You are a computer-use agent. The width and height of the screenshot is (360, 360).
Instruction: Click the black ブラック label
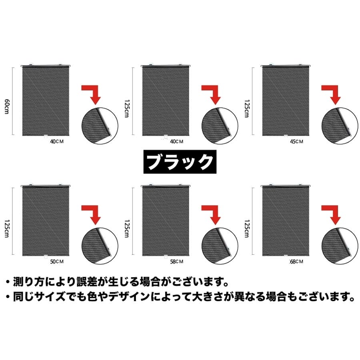click(180, 162)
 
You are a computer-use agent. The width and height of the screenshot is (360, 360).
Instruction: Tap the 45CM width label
click(296, 142)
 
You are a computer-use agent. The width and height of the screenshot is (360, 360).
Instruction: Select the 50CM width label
click(57, 262)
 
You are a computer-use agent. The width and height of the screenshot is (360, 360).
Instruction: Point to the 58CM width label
click(176, 262)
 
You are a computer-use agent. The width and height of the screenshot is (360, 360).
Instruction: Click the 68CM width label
click(296, 262)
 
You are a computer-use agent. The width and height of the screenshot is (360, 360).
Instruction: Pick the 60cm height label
click(7, 106)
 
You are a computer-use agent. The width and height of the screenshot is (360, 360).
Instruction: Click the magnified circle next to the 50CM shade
click(100, 246)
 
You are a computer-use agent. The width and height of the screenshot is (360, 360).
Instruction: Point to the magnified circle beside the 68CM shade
click(340, 246)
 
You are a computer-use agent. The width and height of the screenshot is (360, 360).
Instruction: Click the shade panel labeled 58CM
click(166, 221)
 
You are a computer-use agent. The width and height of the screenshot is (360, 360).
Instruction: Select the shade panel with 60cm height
click(46, 101)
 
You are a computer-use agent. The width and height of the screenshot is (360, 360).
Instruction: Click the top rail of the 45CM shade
click(286, 66)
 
